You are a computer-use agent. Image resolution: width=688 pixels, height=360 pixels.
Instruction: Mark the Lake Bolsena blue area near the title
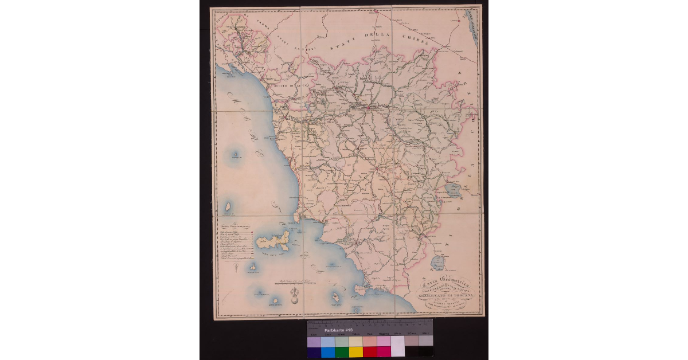439,264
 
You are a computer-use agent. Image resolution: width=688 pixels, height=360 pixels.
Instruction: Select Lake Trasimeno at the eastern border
453,191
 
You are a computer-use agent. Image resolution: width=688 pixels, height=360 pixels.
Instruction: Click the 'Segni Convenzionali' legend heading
236,228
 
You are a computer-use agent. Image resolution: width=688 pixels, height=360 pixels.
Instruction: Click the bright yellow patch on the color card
355,351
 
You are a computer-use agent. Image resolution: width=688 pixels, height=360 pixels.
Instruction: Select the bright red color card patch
370,351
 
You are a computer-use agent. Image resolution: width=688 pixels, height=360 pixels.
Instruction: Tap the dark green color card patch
342,351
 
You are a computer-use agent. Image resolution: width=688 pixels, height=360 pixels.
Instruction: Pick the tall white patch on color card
397,346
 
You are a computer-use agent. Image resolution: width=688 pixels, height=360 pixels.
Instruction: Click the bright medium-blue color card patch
328,351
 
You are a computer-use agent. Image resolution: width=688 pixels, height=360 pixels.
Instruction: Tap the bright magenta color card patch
384,351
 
